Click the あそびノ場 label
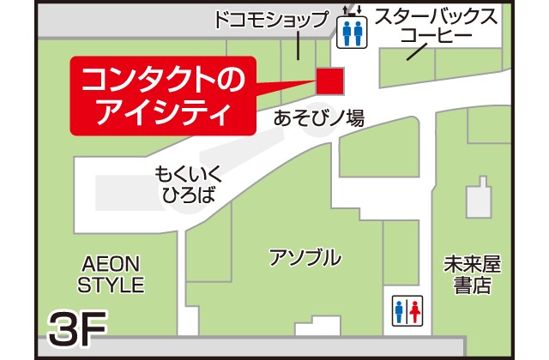319,118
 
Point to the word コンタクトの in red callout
163,81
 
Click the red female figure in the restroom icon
416,310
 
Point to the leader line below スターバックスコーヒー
418,51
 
